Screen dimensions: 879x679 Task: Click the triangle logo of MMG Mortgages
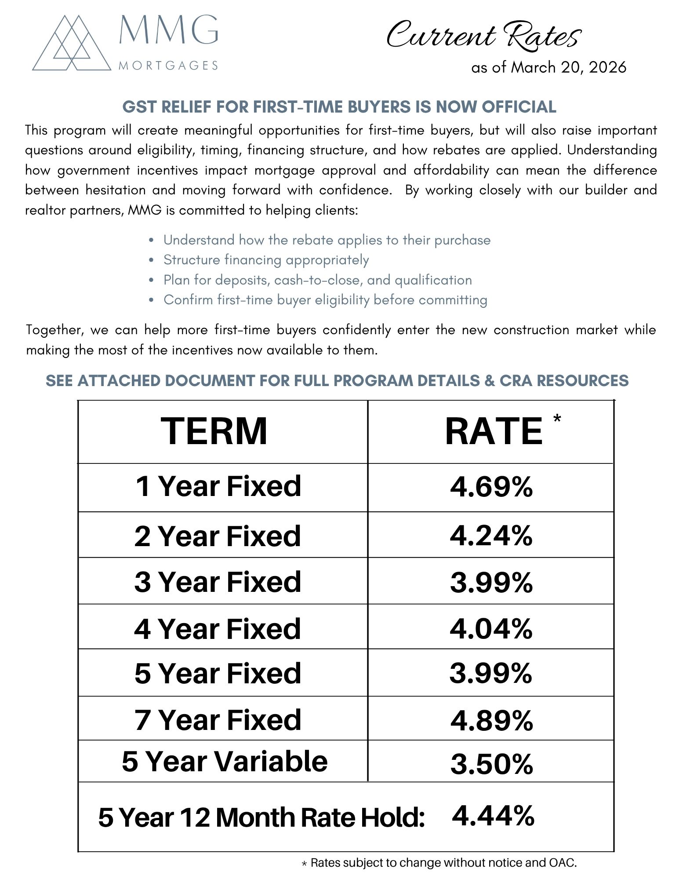point(72,44)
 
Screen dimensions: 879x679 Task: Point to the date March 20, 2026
point(549,67)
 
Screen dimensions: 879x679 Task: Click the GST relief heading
point(339,107)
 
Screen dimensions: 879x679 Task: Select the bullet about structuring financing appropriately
point(266,260)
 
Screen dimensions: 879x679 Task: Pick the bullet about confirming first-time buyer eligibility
point(325,300)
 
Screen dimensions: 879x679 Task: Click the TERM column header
point(214,431)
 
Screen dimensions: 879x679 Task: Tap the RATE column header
point(494,432)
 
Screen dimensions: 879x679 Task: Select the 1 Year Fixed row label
point(218,486)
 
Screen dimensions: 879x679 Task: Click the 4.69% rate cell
point(491,487)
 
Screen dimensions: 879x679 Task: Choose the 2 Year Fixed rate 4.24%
point(491,536)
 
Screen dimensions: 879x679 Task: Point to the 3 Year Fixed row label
point(218,582)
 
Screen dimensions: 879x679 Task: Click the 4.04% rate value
point(491,628)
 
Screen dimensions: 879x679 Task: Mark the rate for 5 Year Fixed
point(491,673)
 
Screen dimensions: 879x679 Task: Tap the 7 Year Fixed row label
point(218,720)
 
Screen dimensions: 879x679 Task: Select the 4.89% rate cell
point(491,720)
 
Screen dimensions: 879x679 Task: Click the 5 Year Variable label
point(225,762)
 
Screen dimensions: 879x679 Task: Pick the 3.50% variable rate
point(491,764)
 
